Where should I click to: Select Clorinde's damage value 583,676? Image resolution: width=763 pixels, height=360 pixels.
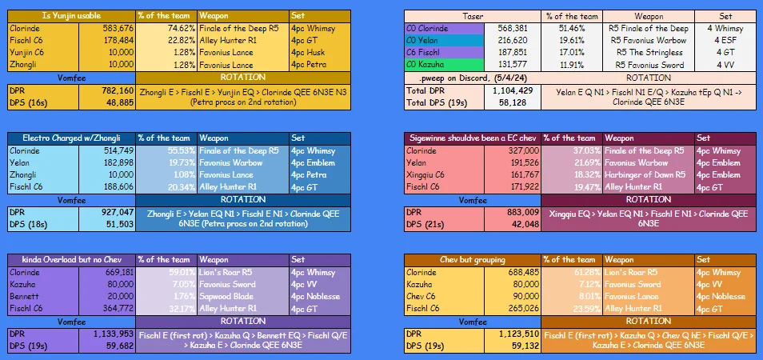pos(114,27)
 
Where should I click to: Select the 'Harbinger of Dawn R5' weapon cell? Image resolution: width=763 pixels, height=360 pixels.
pos(645,174)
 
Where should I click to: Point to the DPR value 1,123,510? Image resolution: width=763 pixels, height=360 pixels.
pos(511,334)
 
